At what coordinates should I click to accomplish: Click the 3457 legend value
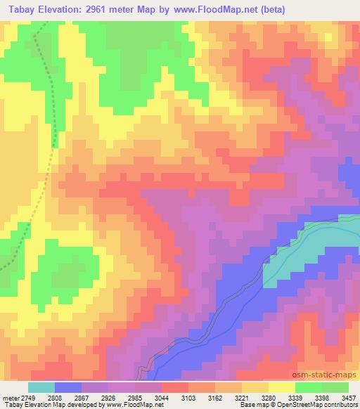tap(347, 398)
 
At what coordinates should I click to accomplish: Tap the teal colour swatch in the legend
tap(41, 387)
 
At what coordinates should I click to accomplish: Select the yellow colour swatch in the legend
tap(281, 387)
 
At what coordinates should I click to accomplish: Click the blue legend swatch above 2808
tap(68, 387)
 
